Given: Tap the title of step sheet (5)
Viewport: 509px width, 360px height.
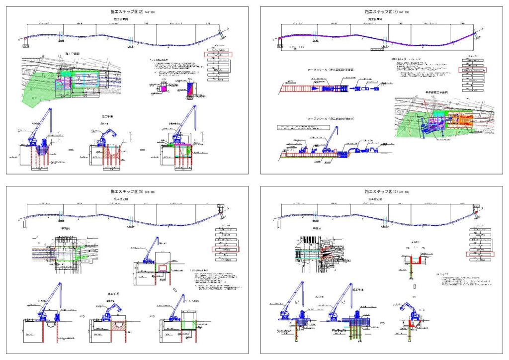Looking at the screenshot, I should pos(127,191).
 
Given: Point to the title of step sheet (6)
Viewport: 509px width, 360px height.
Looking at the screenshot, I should pos(381,191).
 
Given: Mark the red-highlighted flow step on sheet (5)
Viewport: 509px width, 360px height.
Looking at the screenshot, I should pos(226,249).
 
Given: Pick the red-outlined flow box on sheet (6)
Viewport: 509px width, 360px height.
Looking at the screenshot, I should pos(480,254).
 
